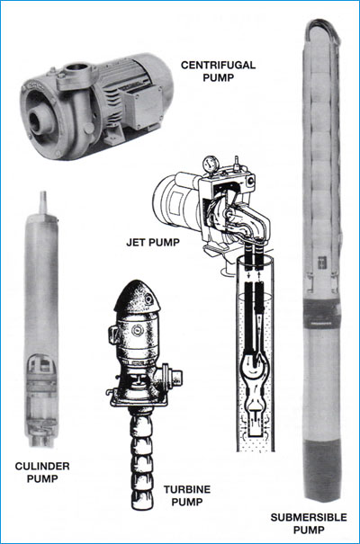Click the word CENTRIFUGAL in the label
pyautogui.click(x=218, y=65)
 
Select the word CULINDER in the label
pyautogui.click(x=42, y=466)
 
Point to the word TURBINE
pyautogui.click(x=187, y=489)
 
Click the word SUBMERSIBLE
pyautogui.click(x=309, y=517)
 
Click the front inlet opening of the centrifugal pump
pyautogui.click(x=37, y=121)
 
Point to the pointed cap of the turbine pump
pyautogui.click(x=136, y=297)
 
